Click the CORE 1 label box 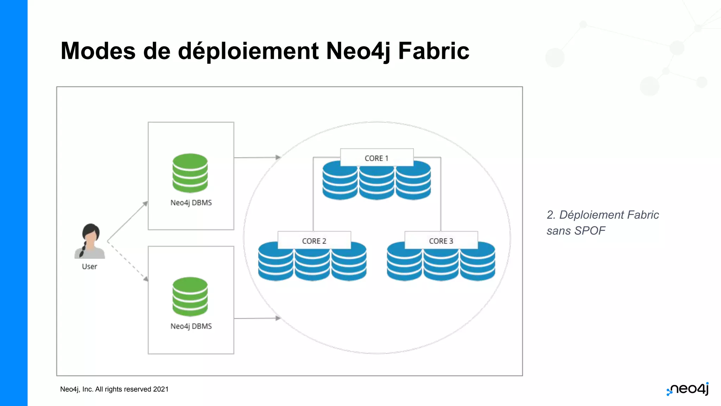click(x=377, y=158)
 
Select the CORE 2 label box click(x=314, y=240)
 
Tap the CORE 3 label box click(x=441, y=240)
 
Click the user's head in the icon click(x=91, y=234)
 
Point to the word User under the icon click(x=89, y=266)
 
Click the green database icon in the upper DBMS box click(x=190, y=173)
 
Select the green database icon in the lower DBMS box click(x=190, y=297)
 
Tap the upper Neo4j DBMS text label click(x=191, y=203)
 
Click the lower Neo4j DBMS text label click(x=191, y=326)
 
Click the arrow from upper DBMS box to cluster click(x=257, y=158)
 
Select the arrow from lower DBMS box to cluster click(x=257, y=318)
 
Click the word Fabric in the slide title click(x=433, y=51)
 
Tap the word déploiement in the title click(x=248, y=51)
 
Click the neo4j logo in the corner click(x=688, y=389)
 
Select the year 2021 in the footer click(x=161, y=389)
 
